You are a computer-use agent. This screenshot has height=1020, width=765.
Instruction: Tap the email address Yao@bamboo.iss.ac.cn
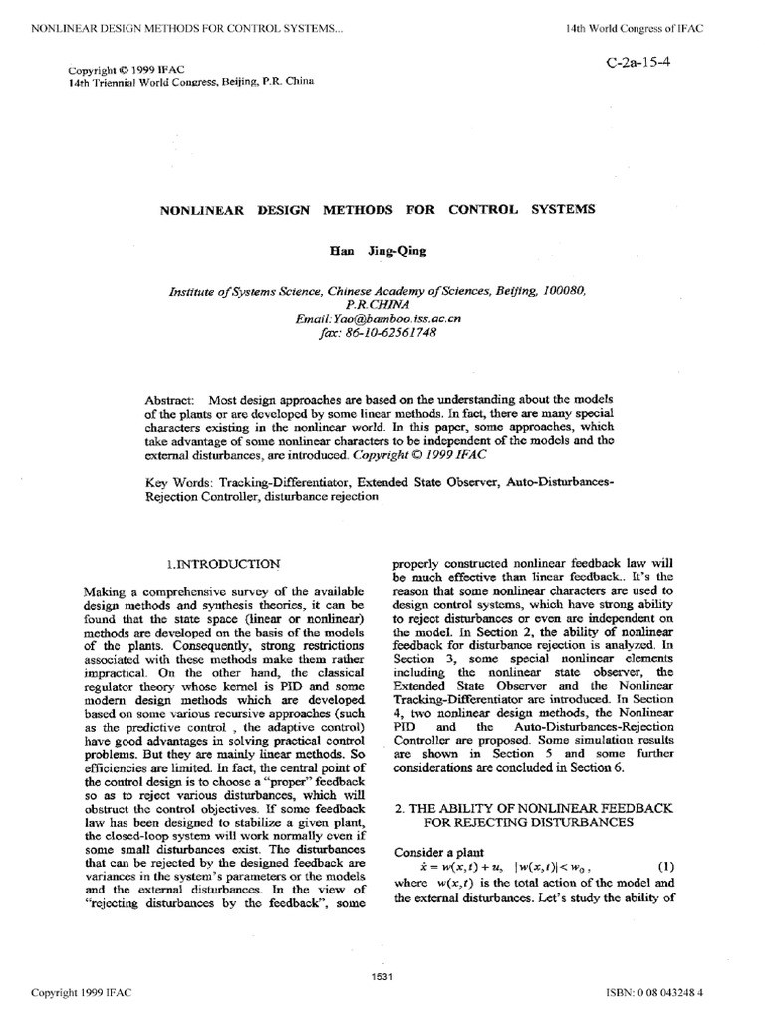point(380,319)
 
